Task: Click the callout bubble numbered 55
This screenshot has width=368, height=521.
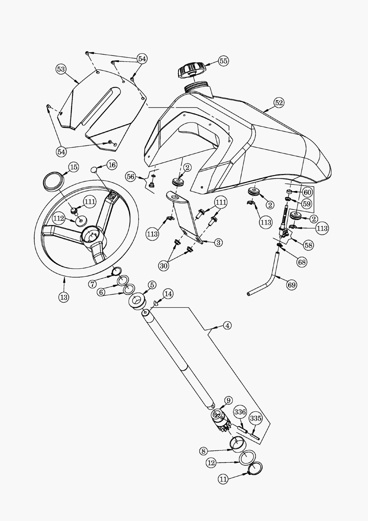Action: [223, 61]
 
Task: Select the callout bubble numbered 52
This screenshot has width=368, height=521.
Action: [279, 103]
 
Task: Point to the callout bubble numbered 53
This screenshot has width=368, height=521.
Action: [61, 69]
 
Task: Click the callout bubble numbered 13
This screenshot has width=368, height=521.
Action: [64, 297]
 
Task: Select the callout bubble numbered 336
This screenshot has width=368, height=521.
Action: [240, 412]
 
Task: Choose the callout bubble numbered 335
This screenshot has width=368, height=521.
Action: [256, 418]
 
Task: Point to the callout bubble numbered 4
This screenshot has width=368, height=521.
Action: [227, 325]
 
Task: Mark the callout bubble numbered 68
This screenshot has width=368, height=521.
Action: [302, 262]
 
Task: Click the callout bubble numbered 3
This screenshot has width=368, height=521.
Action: [218, 242]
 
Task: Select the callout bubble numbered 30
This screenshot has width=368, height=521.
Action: [164, 266]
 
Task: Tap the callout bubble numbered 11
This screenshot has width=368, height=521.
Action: [223, 479]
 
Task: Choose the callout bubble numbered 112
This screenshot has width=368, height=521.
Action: [59, 219]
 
